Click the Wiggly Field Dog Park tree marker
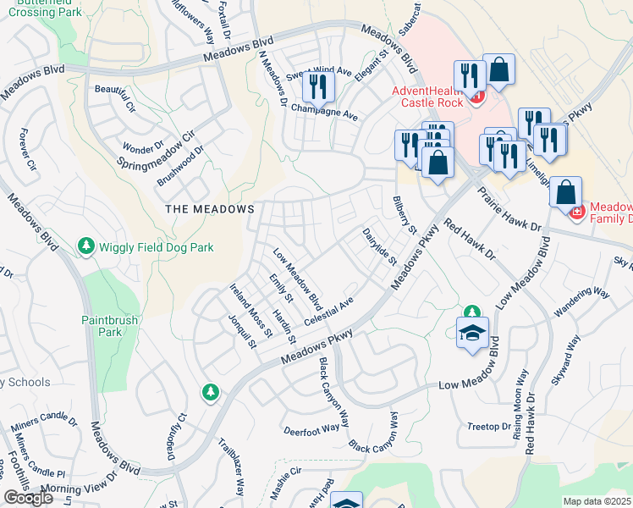[85, 246]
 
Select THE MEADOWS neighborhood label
[210, 208]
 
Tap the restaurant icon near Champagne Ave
[318, 86]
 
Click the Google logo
[29, 498]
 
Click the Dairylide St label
[380, 246]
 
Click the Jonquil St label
[242, 331]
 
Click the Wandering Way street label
[581, 304]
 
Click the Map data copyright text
[597, 501]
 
